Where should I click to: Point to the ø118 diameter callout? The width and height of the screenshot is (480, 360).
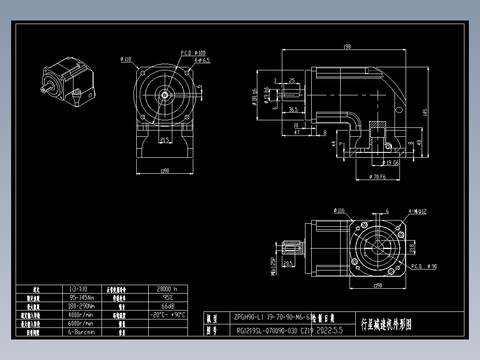click(x=126, y=59)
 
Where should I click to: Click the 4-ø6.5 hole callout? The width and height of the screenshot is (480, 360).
click(x=202, y=60)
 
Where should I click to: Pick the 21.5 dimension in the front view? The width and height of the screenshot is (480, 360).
click(x=164, y=140)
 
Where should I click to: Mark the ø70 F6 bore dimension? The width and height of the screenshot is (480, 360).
click(x=378, y=177)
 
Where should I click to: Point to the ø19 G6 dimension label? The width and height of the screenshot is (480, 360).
click(x=390, y=163)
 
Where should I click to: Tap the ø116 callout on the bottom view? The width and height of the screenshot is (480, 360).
click(x=339, y=210)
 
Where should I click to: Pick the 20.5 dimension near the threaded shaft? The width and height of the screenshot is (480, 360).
click(x=288, y=263)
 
